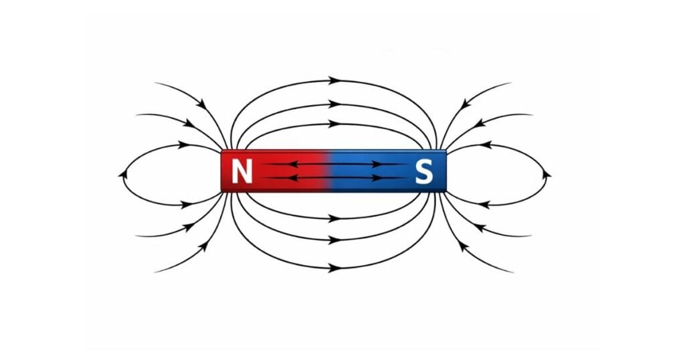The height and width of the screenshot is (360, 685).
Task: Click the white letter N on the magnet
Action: coord(242,172)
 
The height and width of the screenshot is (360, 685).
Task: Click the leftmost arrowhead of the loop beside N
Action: coord(123,174)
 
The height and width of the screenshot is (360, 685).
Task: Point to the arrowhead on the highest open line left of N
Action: coord(201,103)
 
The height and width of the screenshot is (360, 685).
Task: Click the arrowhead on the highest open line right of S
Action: coord(467,102)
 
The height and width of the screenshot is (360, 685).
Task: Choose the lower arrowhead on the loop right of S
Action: coord(484,203)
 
